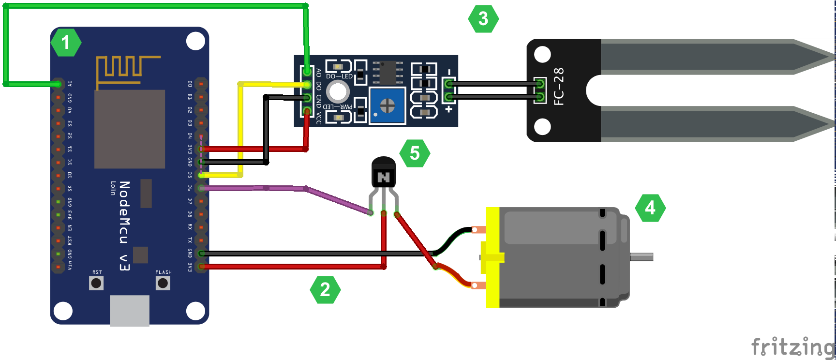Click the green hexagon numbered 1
[66, 43]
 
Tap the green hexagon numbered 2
[325, 290]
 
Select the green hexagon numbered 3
[483, 19]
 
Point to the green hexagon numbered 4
[650, 208]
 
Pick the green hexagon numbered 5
[415, 153]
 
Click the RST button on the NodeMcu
[96, 283]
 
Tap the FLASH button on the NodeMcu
[163, 283]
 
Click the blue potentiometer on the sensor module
[387, 105]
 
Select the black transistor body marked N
[383, 174]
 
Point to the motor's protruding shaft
[642, 257]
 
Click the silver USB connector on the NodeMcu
[129, 311]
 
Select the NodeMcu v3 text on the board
[124, 225]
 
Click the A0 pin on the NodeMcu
[58, 84]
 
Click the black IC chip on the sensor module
[388, 73]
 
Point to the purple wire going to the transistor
[334, 199]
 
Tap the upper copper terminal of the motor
[478, 230]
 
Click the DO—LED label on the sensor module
[339, 76]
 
